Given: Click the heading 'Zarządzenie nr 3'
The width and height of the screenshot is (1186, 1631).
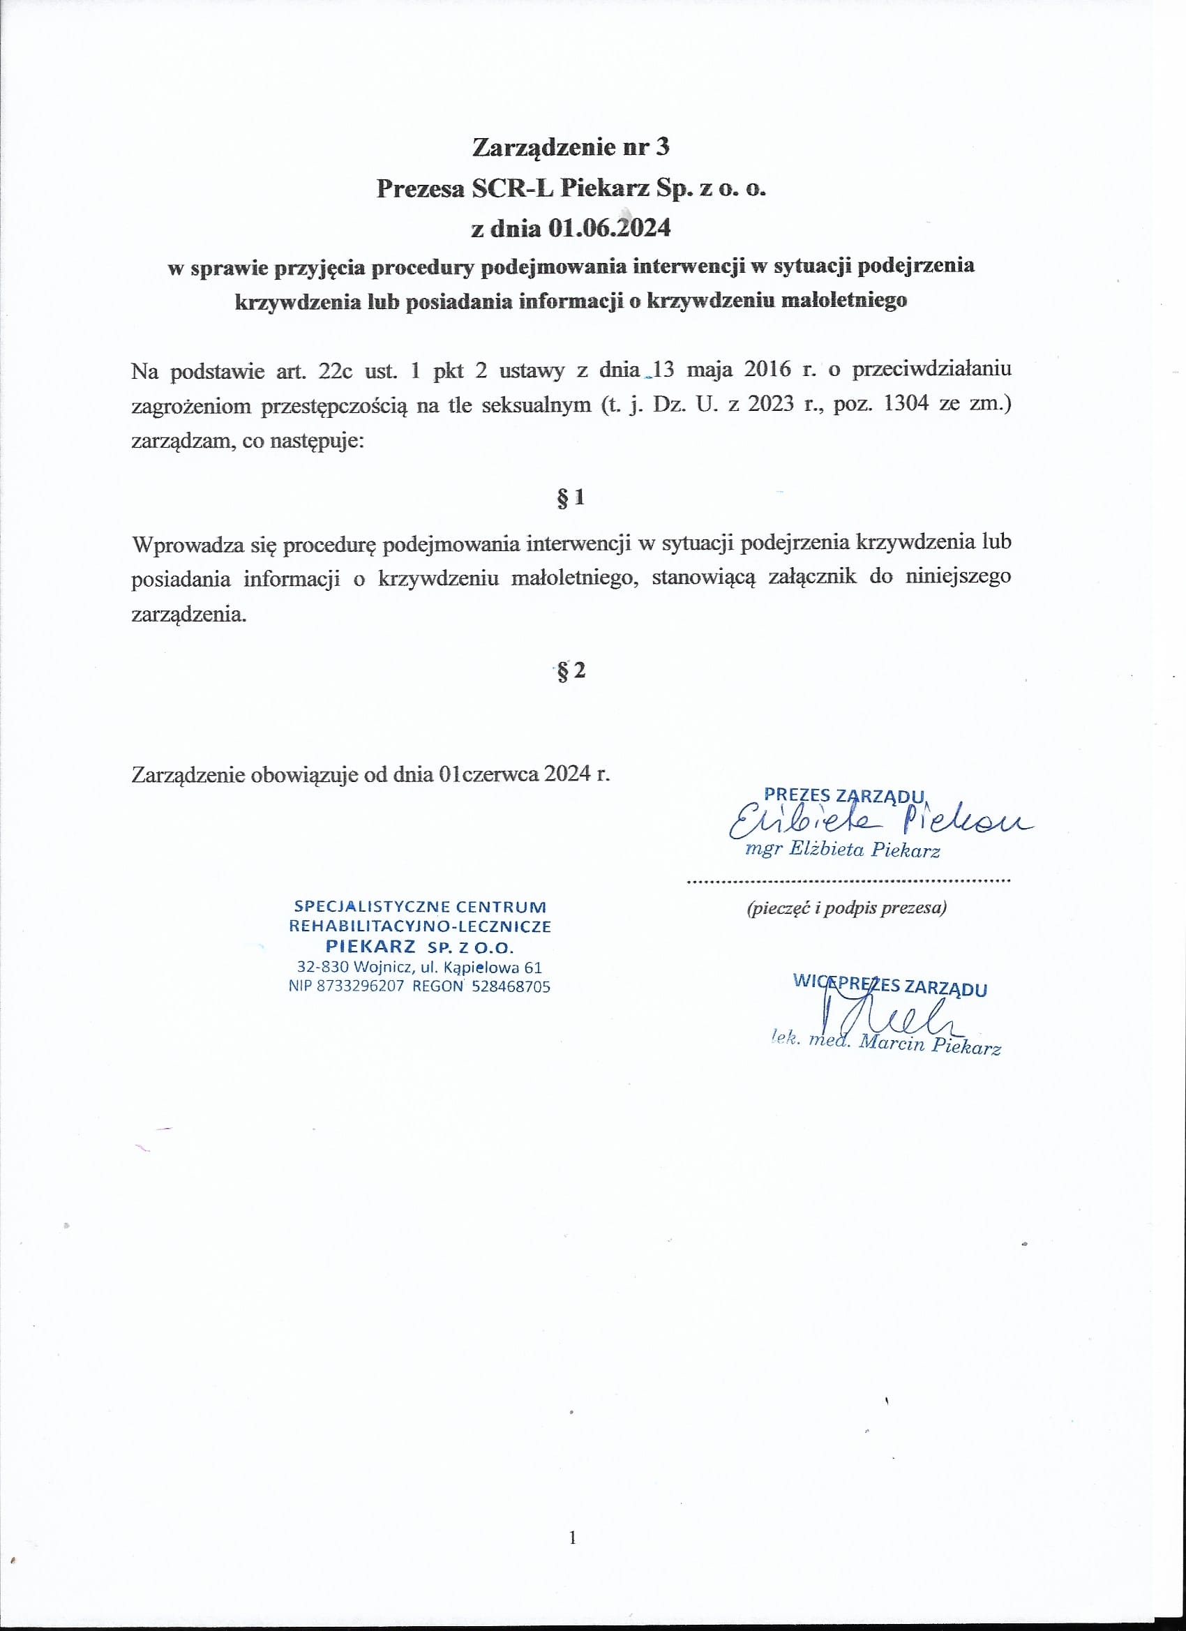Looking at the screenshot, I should click(571, 147).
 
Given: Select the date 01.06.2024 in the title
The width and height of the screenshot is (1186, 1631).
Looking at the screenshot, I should click(608, 228).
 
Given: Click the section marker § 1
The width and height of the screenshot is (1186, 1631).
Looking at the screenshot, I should click(571, 497).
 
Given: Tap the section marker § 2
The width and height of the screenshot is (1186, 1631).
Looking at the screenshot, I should click(571, 670).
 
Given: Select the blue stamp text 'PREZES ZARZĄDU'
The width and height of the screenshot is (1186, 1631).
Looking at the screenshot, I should click(843, 795).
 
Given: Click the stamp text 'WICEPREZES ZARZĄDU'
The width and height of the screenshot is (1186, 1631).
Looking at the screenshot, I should click(889, 985).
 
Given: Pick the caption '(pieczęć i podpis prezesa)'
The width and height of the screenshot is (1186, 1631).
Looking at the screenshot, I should click(846, 908).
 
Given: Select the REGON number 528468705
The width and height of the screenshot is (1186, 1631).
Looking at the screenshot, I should click(511, 986).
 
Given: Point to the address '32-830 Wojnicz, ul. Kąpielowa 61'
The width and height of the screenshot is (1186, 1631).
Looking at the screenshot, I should click(419, 968).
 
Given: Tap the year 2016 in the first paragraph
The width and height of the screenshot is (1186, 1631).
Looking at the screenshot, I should click(767, 370).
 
